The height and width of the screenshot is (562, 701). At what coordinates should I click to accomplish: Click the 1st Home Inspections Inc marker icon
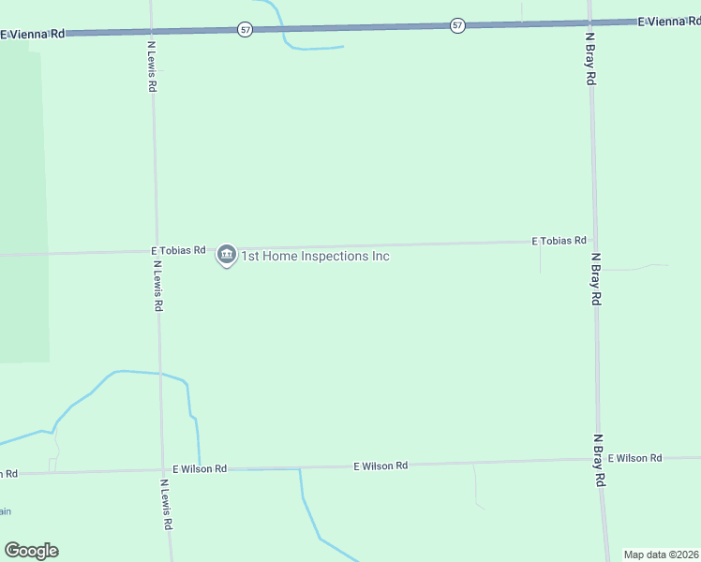pos(226,254)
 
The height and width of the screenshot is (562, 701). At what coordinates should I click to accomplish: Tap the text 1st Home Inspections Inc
pos(315,256)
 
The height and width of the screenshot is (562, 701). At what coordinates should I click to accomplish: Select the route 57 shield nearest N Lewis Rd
pos(245,30)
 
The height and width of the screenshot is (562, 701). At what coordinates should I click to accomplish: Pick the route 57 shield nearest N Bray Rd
pos(456,25)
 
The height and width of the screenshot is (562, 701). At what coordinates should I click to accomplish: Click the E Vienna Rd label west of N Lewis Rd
pos(33,34)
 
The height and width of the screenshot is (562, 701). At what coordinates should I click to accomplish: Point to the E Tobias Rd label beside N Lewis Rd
pos(178,251)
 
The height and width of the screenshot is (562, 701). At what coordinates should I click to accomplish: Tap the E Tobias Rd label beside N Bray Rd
pos(559,241)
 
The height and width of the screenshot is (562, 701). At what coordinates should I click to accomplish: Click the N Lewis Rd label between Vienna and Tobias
pos(152,66)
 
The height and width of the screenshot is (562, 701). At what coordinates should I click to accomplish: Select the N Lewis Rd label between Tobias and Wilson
pos(158,286)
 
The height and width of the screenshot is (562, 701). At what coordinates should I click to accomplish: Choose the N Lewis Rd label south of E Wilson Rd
pos(166,506)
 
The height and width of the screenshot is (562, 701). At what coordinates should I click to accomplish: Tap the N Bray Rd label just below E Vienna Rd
pos(590,60)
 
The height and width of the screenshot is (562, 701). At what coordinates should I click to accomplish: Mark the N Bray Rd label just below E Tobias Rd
pos(595,278)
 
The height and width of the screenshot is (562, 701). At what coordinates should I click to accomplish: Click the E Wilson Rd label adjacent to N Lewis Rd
pos(200,468)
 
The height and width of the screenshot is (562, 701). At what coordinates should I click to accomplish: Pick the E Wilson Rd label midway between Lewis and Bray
pos(380,466)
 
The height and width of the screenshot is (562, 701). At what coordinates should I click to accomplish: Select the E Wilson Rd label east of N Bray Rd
pos(634,458)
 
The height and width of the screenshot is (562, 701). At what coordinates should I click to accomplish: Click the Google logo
pos(31,551)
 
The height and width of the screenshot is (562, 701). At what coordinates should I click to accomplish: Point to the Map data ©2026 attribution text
pos(661,555)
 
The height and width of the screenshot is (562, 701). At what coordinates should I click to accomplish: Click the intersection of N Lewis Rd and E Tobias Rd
pos(156,252)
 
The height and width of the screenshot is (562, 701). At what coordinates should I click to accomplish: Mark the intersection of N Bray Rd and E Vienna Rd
pos(589,22)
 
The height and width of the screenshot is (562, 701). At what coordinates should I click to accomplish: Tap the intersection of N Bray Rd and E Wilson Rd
pos(599,460)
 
